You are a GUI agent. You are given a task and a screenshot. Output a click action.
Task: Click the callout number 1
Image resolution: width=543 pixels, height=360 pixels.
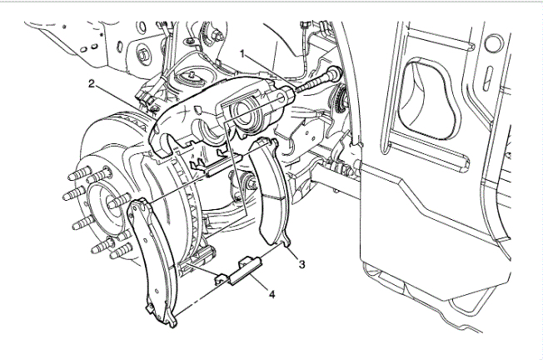click(x=243, y=54)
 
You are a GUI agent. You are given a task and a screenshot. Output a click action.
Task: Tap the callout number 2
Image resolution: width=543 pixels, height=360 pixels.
click(x=91, y=83)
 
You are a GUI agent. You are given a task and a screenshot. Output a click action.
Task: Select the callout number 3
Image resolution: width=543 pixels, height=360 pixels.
click(x=302, y=264)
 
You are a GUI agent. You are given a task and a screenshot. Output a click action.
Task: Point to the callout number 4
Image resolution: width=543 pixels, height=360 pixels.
click(x=272, y=295)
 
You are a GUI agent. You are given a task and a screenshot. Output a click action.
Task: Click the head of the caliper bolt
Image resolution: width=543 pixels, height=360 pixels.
click(x=335, y=72)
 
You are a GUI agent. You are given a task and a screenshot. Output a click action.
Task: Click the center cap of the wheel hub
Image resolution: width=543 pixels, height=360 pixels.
click(x=105, y=207)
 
